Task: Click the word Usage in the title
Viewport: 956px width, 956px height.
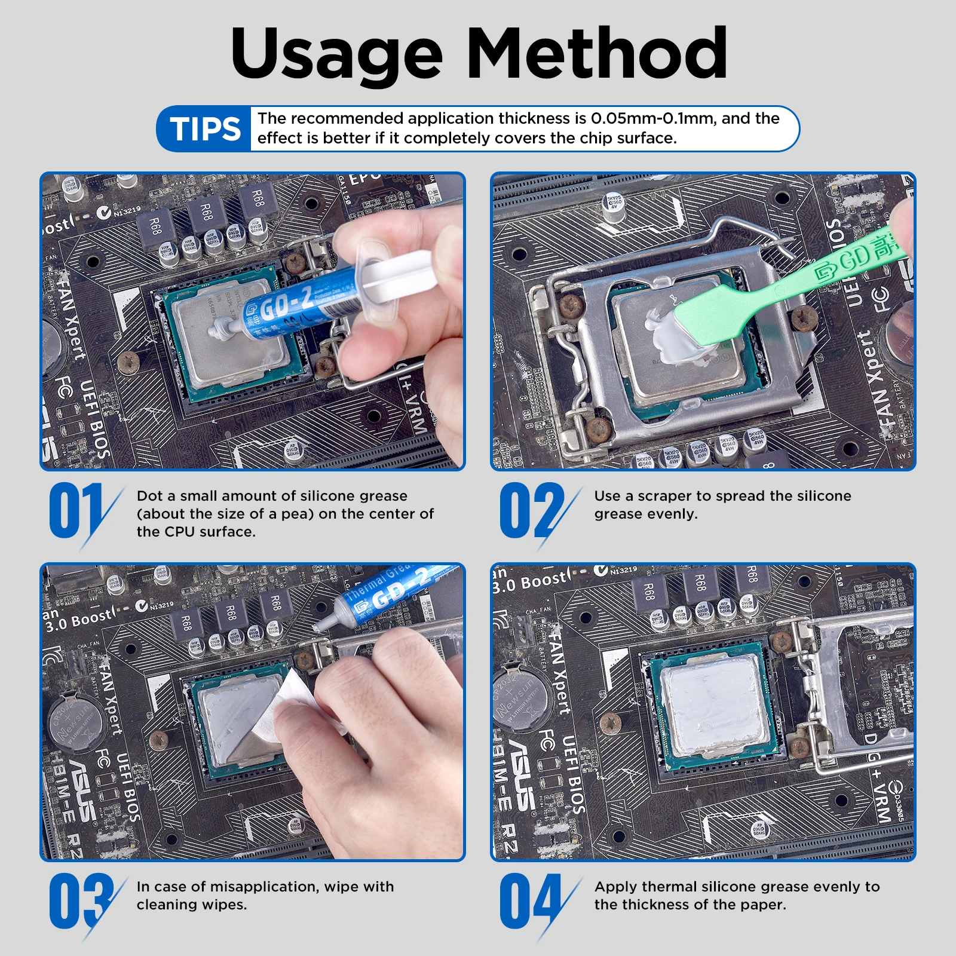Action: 336,55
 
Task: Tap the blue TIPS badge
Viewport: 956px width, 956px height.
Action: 204,128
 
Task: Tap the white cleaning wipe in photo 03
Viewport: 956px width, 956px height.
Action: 287,705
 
